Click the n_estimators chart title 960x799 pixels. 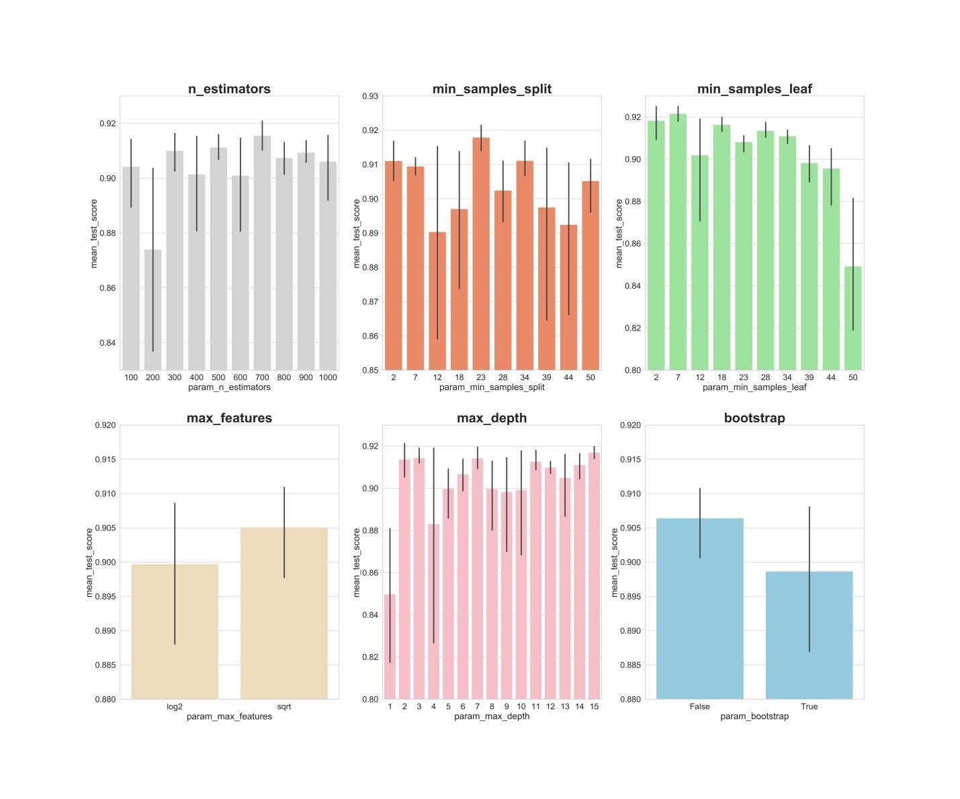(229, 89)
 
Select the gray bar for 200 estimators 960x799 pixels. (153, 310)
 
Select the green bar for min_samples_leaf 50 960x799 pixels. (853, 318)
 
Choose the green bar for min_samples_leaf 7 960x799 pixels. (678, 242)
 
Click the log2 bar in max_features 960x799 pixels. (175, 631)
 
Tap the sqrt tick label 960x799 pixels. (284, 706)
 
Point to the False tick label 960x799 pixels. (699, 706)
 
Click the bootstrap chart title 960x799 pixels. (754, 418)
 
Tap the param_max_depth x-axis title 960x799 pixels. (492, 716)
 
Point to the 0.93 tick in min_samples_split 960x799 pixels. (370, 96)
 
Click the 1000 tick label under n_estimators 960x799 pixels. (328, 377)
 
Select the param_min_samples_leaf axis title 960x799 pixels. (754, 387)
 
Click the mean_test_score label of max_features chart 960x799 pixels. (89, 562)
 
